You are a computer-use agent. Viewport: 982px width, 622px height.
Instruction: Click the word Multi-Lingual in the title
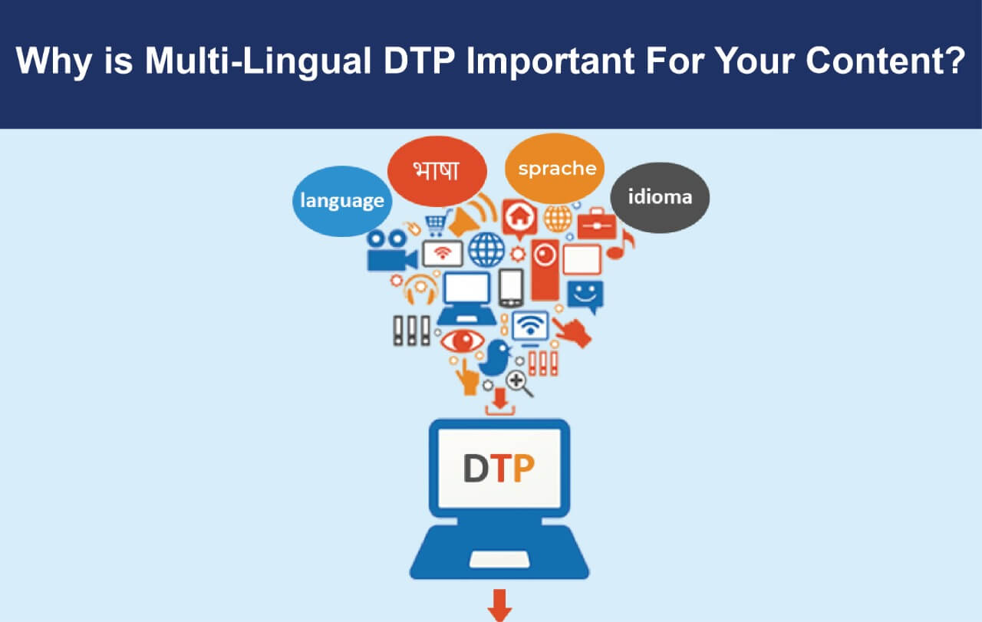[x=259, y=61]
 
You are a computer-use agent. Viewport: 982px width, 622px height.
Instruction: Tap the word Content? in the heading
[x=885, y=60]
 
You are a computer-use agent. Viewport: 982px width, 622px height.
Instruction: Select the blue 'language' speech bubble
[x=342, y=201]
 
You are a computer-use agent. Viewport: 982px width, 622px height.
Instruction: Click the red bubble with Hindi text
[x=437, y=171]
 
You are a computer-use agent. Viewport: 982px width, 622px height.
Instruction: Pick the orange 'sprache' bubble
[x=555, y=169]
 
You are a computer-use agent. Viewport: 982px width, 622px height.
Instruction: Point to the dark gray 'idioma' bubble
[x=660, y=198]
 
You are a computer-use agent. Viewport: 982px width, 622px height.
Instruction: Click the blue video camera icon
[x=391, y=251]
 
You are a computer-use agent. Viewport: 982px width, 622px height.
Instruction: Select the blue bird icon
[x=495, y=357]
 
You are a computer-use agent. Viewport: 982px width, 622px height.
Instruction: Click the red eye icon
[x=462, y=341]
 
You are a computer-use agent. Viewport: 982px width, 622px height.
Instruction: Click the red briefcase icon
[x=597, y=224]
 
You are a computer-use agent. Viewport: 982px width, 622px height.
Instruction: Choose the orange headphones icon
[x=420, y=289]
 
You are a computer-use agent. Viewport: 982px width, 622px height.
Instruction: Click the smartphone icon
[x=511, y=288]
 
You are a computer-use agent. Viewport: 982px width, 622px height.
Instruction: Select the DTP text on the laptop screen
[x=499, y=468]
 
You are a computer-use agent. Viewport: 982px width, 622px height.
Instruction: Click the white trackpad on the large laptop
[x=499, y=559]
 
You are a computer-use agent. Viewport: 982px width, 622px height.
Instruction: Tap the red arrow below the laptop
[x=499, y=605]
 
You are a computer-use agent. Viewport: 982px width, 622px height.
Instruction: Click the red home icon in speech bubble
[x=519, y=218]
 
